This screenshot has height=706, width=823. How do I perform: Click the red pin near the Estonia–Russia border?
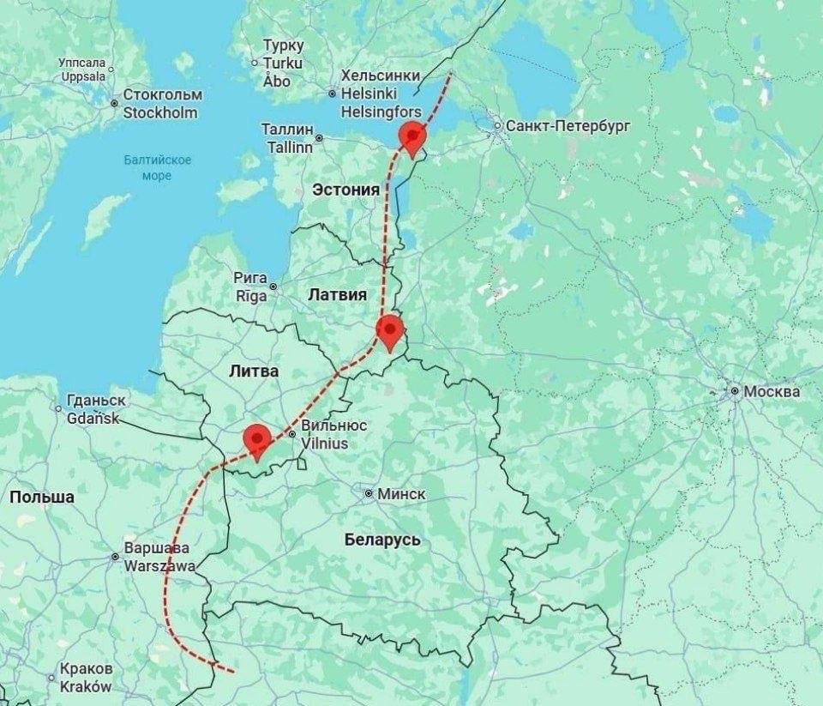click(x=413, y=137)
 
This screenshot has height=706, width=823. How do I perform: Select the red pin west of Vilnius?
click(x=257, y=439)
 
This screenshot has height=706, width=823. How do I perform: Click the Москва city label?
click(x=772, y=391)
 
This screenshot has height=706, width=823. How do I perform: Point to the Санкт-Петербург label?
click(x=568, y=126)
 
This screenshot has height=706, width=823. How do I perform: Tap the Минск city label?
click(x=399, y=494)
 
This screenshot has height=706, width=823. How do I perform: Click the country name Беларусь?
click(x=382, y=540)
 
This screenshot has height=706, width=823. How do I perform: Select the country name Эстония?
click(x=345, y=190)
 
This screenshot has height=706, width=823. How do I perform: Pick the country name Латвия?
click(x=337, y=294)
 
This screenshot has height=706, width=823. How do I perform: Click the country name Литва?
click(x=254, y=371)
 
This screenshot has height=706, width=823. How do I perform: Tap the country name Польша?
click(x=41, y=497)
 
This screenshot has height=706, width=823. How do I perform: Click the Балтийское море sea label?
click(x=157, y=167)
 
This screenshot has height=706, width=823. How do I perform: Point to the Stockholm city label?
click(x=160, y=113)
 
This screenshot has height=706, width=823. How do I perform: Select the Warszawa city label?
click(x=159, y=566)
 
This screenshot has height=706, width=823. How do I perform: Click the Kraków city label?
click(x=86, y=687)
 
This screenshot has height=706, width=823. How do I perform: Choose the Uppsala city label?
click(x=82, y=76)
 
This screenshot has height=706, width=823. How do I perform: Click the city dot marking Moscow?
click(x=735, y=391)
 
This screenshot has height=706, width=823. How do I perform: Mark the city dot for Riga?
click(x=273, y=287)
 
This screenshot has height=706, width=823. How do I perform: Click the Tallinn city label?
click(x=287, y=147)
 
